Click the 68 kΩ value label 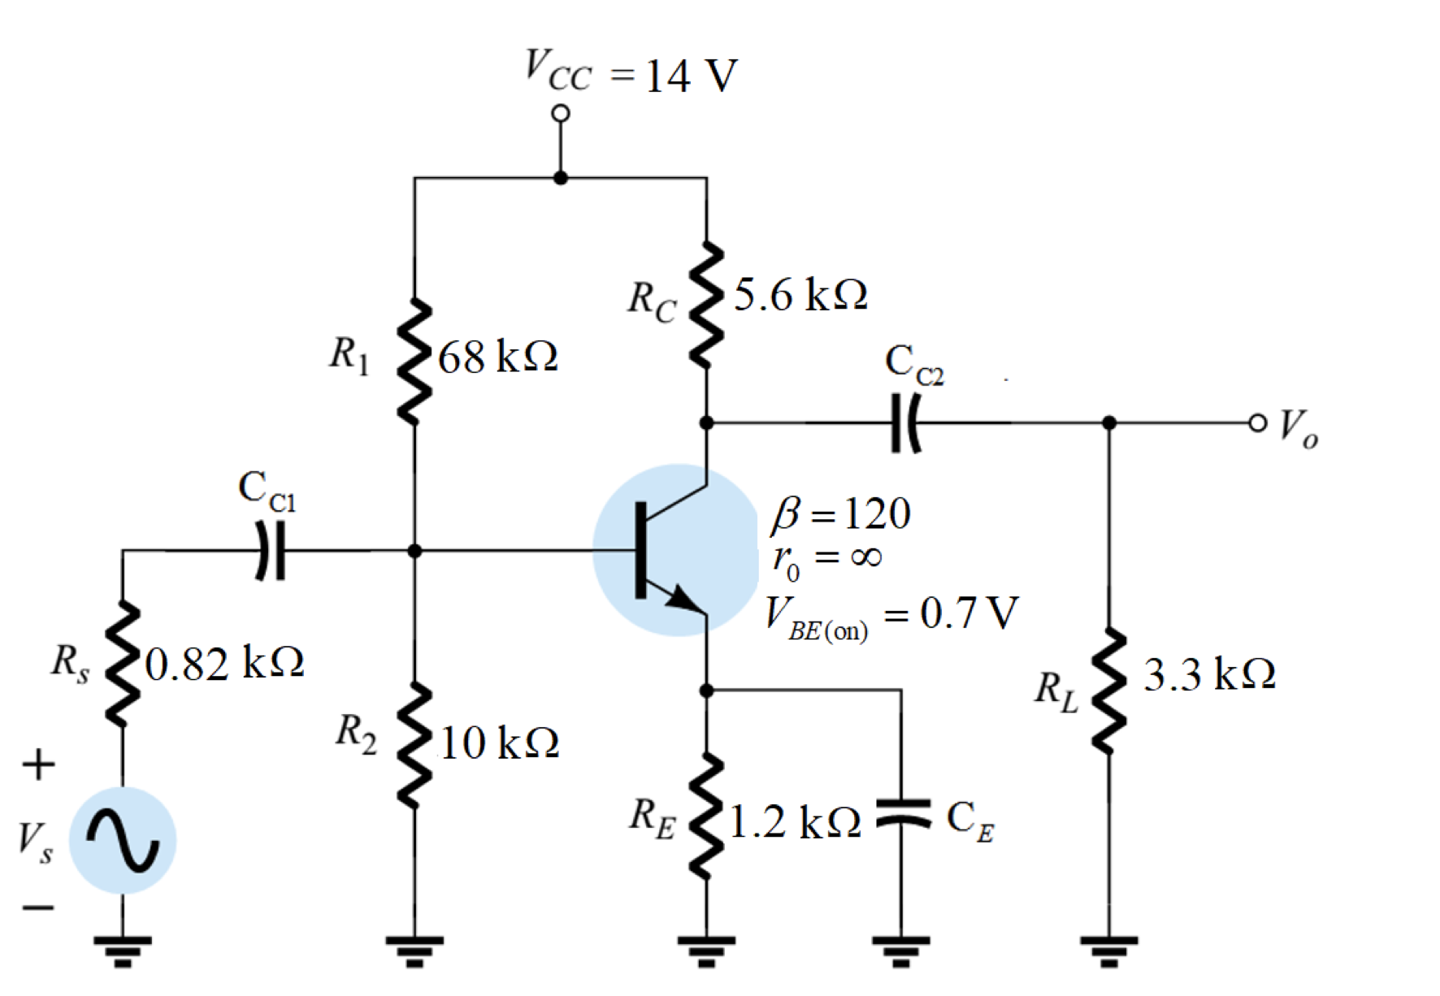(497, 357)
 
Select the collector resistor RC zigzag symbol (706, 305)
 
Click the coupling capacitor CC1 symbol (271, 551)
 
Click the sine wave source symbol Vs (123, 841)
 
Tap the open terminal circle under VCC (560, 114)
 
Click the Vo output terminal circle (1257, 422)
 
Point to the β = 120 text (841, 513)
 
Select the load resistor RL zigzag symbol (1108, 691)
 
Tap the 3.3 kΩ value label (1208, 674)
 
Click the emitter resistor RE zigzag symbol (706, 816)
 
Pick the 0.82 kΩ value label (224, 664)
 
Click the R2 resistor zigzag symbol (414, 746)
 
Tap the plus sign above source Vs (38, 764)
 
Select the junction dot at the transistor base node (414, 551)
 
